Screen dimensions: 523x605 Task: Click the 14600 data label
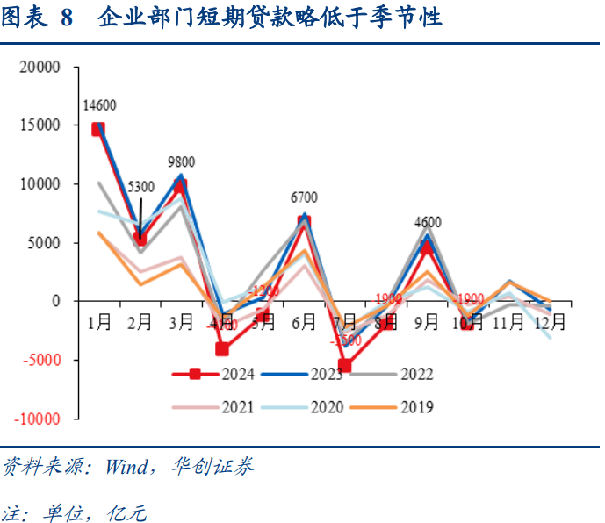tap(99, 106)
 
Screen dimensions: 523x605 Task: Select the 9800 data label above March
tap(181, 162)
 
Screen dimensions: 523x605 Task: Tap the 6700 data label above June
tap(304, 197)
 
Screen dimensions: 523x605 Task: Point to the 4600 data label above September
tap(428, 222)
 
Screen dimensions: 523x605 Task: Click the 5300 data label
tap(140, 187)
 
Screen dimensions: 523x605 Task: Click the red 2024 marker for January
tap(99, 129)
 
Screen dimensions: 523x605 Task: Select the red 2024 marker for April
tap(222, 349)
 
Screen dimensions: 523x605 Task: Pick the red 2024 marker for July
tap(345, 366)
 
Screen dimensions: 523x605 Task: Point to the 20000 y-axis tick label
tap(41, 67)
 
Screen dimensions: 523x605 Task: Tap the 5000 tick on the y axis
tap(45, 242)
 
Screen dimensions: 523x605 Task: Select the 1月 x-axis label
tap(99, 322)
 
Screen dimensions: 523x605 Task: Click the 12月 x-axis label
tap(551, 322)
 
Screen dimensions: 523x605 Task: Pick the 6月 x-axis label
tap(304, 322)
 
